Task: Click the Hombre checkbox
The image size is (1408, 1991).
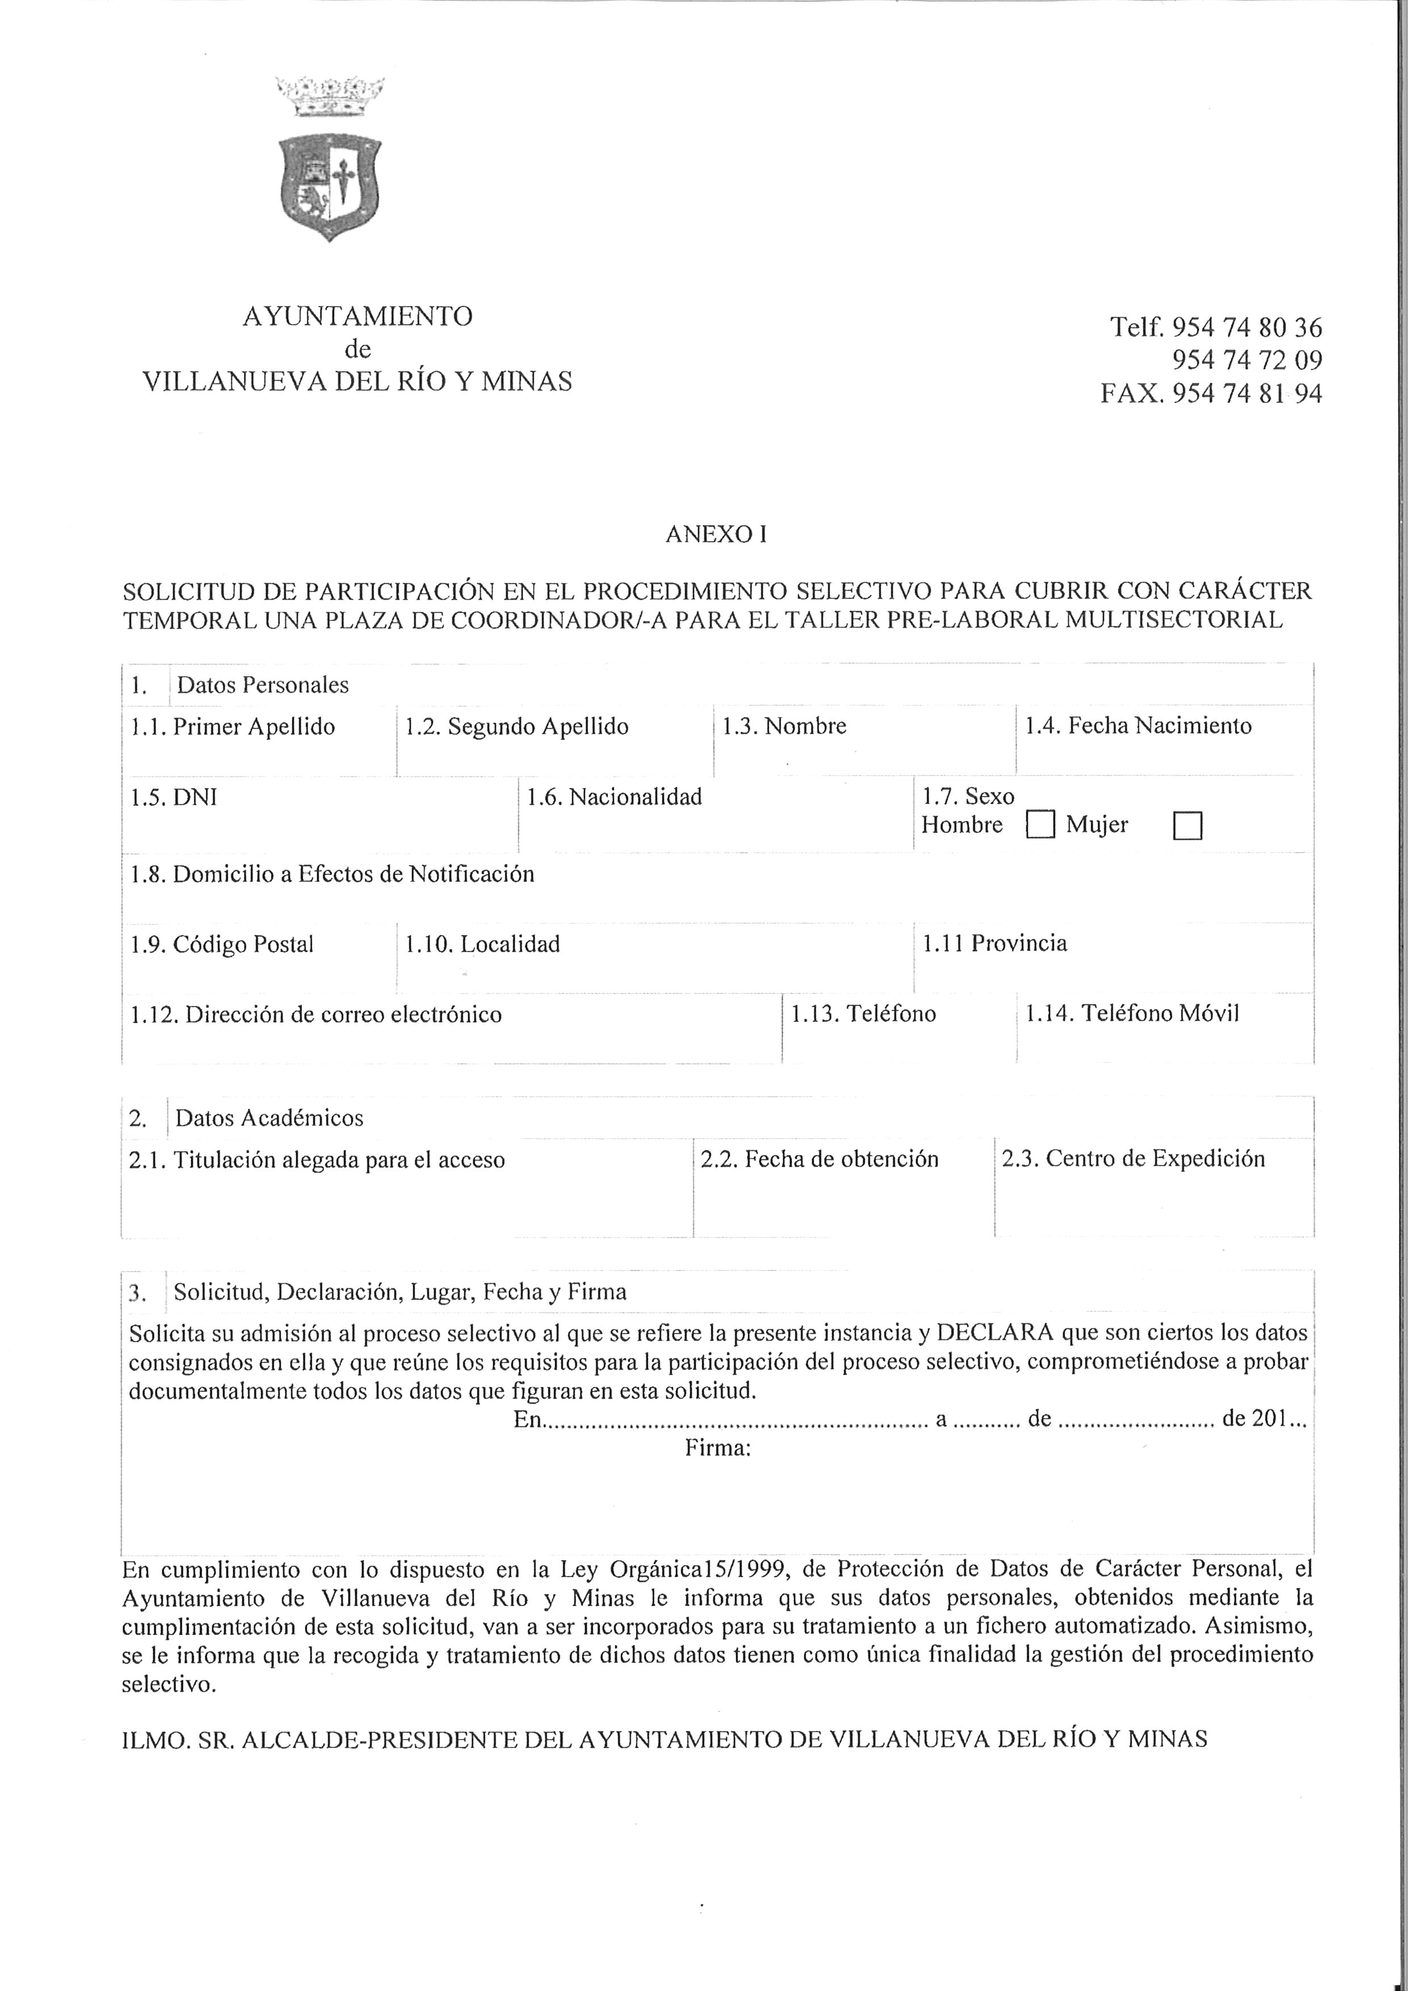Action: [x=1040, y=825]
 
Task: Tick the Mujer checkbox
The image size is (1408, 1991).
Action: [x=1187, y=825]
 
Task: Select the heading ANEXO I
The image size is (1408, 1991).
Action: [x=716, y=535]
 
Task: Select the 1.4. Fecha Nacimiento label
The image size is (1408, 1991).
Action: [x=1138, y=726]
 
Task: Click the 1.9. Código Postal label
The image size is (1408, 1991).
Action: [x=222, y=944]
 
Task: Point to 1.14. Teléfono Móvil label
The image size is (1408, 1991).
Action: [x=1132, y=1014]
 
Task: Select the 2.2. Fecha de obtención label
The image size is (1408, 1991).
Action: [x=819, y=1159]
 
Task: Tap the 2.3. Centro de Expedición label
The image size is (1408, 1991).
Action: [x=1133, y=1159]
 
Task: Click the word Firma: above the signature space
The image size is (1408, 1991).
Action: [x=717, y=1448]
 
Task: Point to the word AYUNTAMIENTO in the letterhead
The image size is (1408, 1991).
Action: [x=357, y=317]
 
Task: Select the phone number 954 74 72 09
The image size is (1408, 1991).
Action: [x=1247, y=361]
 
